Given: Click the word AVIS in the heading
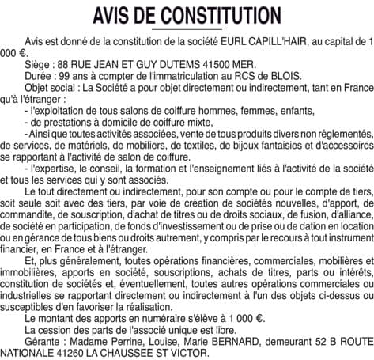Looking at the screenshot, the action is [122, 16].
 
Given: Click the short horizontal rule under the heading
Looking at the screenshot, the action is [187, 30].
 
